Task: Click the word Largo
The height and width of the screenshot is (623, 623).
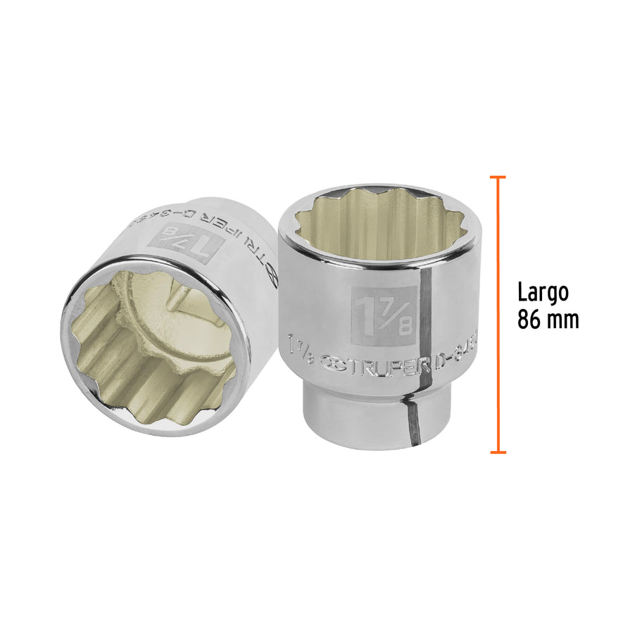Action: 543,292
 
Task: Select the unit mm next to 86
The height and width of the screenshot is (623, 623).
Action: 564,321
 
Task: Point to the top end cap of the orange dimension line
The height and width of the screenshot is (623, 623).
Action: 498,177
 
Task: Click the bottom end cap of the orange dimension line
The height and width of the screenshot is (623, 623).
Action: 498,451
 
